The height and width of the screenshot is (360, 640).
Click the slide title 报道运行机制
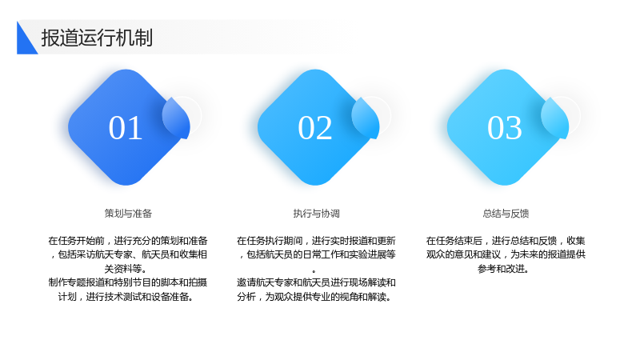pyautogui.click(x=97, y=38)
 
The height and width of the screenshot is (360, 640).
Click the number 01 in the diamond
pyautogui.click(x=126, y=128)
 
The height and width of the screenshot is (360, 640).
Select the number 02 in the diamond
pyautogui.click(x=314, y=128)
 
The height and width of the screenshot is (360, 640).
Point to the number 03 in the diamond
pyautogui.click(x=505, y=128)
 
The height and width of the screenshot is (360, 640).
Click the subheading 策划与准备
pyautogui.click(x=128, y=214)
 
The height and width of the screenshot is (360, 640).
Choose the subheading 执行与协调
pyautogui.click(x=316, y=214)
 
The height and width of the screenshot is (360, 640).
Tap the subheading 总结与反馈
pyautogui.click(x=506, y=214)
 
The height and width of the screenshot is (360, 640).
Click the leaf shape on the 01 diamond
pyautogui.click(x=176, y=118)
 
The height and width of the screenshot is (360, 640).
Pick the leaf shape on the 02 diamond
pyautogui.click(x=366, y=118)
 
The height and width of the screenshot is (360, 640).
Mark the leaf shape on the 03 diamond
pyautogui.click(x=555, y=118)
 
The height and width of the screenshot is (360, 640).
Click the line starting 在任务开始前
pyautogui.click(x=128, y=241)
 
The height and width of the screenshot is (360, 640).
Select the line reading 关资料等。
pyautogui.click(x=126, y=269)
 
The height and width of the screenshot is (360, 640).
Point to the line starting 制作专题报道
pyautogui.click(x=128, y=282)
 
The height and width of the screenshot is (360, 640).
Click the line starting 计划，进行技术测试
pyautogui.click(x=126, y=297)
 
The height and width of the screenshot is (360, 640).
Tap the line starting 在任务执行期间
pyautogui.click(x=316, y=241)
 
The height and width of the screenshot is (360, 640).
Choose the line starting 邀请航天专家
pyautogui.click(x=316, y=282)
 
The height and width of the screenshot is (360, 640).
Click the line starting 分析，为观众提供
pyautogui.click(x=314, y=297)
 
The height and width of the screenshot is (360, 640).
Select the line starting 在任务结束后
pyautogui.click(x=506, y=241)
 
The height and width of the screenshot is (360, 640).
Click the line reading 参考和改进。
pyautogui.click(x=504, y=269)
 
